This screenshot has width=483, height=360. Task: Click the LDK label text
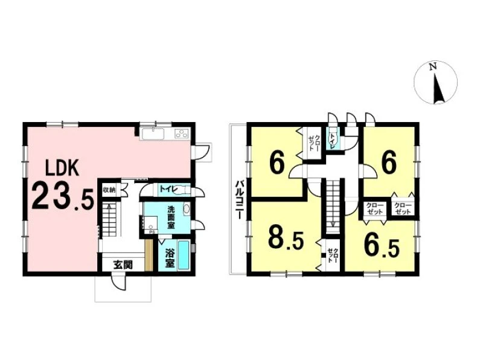click(x=62, y=168)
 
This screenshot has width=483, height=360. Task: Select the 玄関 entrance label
click(x=123, y=265)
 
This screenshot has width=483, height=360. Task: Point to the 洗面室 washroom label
click(x=171, y=217)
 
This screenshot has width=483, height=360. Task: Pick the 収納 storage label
click(x=109, y=190)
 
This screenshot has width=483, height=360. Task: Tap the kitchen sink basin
click(x=153, y=133)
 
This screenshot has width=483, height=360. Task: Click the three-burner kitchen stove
click(x=182, y=133)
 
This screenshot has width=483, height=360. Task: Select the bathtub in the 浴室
click(x=184, y=256)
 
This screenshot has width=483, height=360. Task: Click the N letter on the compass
click(x=433, y=66)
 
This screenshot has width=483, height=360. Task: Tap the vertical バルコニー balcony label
click(x=239, y=200)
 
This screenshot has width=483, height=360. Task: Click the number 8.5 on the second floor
click(x=286, y=237)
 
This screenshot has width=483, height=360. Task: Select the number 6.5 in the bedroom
click(x=382, y=246)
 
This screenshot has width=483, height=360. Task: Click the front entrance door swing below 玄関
click(x=118, y=283)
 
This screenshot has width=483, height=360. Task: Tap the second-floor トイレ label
click(x=333, y=141)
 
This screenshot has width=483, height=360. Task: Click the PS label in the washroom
click(x=152, y=232)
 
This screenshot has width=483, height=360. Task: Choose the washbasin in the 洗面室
click(x=187, y=209)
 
